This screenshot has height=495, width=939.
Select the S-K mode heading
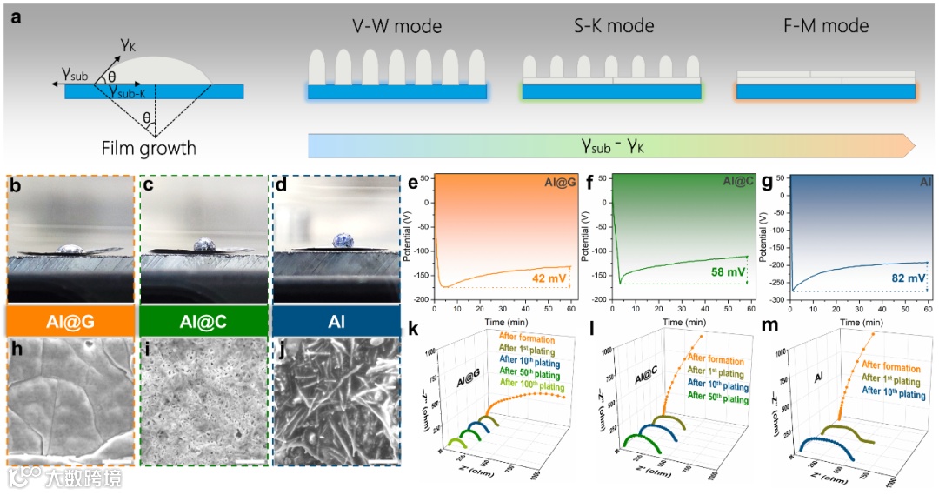613,26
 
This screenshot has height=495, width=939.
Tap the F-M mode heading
825,26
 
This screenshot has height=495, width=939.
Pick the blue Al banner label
336,321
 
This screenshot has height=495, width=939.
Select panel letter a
12,12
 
